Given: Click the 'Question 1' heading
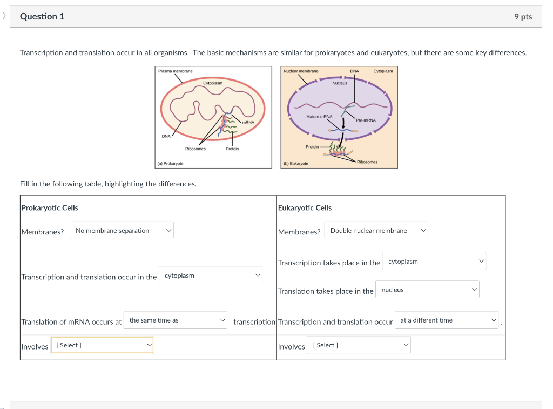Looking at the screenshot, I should click(42, 16).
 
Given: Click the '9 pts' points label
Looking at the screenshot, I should click(523, 17).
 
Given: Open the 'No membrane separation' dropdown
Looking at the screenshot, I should click(122, 231).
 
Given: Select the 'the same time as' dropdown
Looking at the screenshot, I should click(175, 320).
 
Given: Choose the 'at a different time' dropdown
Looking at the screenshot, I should click(447, 320).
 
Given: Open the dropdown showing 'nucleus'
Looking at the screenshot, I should click(427, 290).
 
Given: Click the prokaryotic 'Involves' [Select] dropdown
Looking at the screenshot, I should click(102, 345).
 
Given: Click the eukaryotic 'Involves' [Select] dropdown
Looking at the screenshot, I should click(359, 345).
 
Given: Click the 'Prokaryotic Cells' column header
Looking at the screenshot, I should click(50, 207).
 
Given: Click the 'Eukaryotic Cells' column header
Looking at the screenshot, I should click(305, 207).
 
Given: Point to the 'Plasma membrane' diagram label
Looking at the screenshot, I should click(175, 71).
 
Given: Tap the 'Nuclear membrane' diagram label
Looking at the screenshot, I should click(301, 71).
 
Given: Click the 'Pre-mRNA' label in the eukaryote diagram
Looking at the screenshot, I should click(366, 120).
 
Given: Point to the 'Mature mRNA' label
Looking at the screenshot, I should click(319, 117).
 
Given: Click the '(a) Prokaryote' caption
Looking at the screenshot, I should click(170, 163).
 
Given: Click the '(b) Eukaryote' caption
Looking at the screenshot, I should click(296, 163).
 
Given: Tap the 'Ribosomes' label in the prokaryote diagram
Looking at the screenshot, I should click(195, 149).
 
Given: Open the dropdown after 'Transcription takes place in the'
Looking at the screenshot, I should click(434, 262).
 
